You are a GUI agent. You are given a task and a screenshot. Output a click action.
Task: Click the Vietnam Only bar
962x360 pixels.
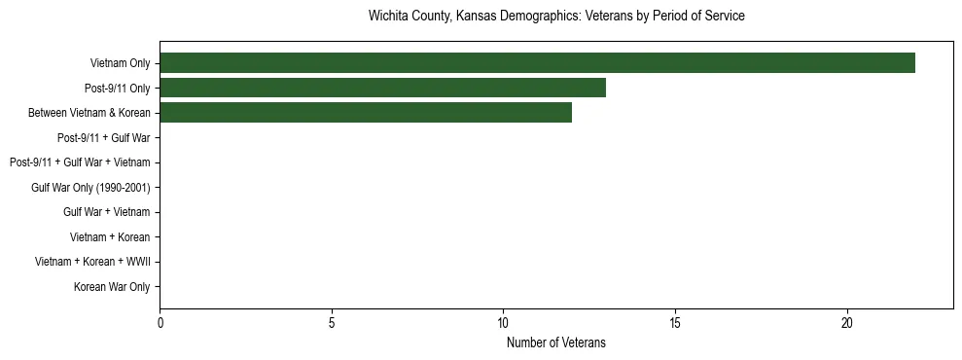point(537,63)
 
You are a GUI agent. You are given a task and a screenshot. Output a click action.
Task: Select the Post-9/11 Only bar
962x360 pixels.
point(382,88)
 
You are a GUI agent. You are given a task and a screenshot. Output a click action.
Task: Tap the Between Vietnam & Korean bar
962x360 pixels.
point(366,113)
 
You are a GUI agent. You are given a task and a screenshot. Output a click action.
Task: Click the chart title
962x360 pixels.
point(556,17)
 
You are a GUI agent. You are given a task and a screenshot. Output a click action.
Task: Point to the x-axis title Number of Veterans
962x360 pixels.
point(556,342)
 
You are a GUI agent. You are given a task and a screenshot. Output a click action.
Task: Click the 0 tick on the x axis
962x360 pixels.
point(160,323)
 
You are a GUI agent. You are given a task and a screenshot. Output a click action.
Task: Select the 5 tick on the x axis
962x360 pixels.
point(332,323)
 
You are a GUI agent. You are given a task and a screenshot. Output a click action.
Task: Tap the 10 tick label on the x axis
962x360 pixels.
point(503,323)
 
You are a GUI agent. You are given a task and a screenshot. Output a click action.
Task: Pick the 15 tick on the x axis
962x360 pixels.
point(675,323)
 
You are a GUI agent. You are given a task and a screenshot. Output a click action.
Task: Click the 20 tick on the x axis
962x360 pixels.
point(847,323)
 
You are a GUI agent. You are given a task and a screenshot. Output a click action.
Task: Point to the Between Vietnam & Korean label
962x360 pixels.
point(89,113)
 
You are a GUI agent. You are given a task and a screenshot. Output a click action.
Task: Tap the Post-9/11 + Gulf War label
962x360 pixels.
point(103,138)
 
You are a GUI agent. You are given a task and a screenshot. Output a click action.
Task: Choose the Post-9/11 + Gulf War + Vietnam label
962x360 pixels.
point(79,162)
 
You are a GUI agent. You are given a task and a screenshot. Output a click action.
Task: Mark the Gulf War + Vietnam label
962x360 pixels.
point(106,212)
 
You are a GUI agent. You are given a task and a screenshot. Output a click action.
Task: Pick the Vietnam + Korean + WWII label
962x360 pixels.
point(92,262)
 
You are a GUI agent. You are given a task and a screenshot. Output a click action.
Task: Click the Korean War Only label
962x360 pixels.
point(112,287)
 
